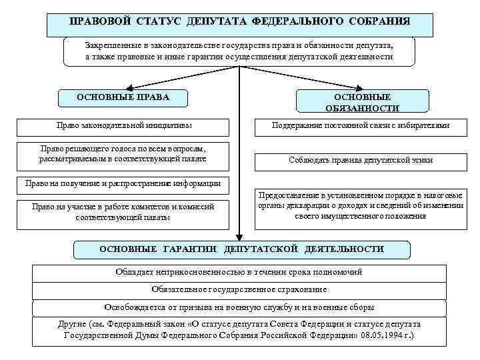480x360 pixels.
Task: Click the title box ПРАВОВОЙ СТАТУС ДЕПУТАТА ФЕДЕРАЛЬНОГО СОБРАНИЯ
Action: point(239,21)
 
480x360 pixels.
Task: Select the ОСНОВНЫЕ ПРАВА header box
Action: point(123,97)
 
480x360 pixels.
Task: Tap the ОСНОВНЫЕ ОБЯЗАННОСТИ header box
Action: point(362,102)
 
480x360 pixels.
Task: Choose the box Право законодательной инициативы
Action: point(123,125)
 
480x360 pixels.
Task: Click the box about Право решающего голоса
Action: point(123,155)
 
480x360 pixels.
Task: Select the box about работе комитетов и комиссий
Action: point(123,212)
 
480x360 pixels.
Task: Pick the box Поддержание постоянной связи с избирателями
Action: point(361,125)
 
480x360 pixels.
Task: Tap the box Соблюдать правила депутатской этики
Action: point(361,160)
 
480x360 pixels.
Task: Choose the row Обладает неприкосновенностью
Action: point(239,273)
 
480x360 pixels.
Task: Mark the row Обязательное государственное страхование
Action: point(239,290)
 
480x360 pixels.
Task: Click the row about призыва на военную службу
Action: point(239,307)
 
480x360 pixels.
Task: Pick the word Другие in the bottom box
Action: point(73,324)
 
